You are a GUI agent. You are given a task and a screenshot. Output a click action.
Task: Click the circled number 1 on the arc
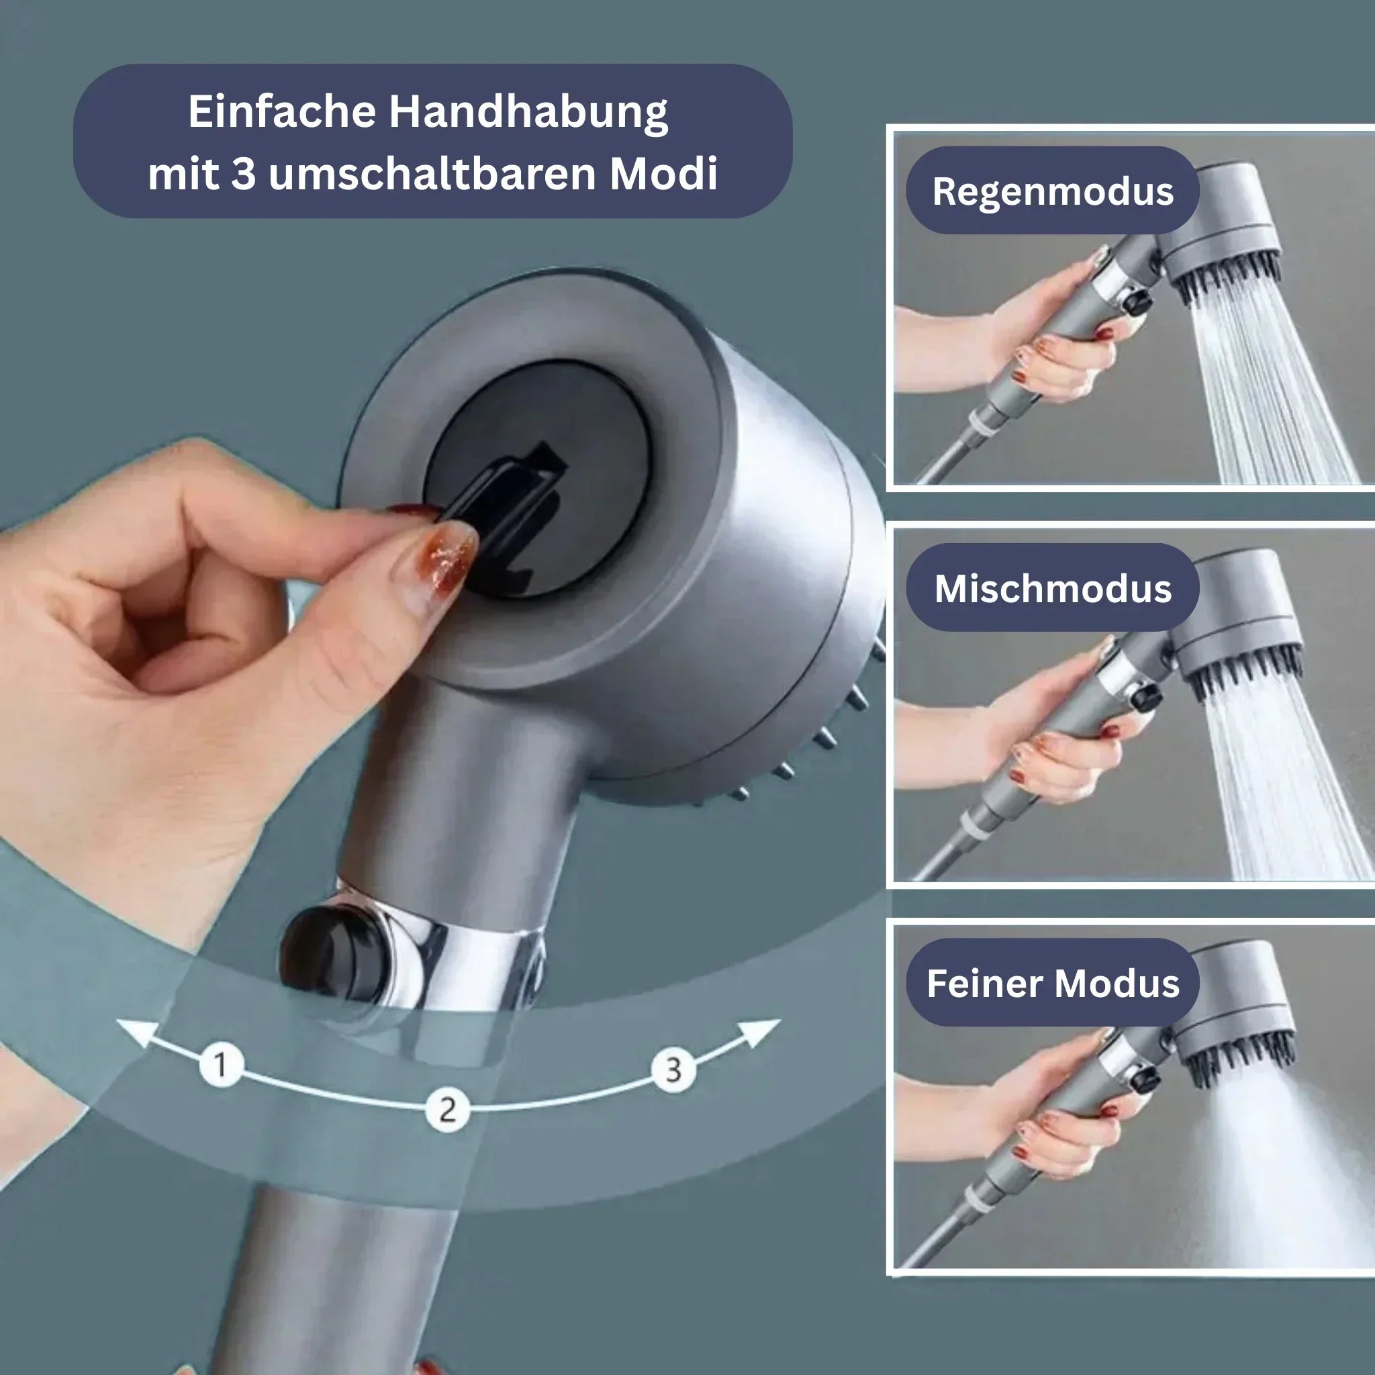click(x=222, y=1065)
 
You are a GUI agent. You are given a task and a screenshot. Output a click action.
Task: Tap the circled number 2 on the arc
click(x=447, y=1110)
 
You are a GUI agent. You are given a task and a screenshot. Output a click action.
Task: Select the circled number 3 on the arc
click(x=673, y=1070)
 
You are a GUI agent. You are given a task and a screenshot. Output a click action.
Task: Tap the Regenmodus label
click(x=1052, y=191)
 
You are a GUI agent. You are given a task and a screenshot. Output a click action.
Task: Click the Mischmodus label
click(x=1052, y=589)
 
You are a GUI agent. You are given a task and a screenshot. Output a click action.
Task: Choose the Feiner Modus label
click(x=1052, y=984)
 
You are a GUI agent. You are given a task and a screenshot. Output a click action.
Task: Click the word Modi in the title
click(x=663, y=175)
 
